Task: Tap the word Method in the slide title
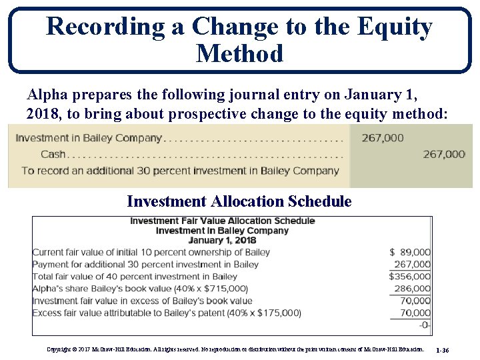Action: pos(240,53)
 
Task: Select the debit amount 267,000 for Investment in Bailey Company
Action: pos(383,138)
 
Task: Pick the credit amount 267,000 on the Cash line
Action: pos(444,154)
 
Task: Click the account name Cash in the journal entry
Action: pos(53,154)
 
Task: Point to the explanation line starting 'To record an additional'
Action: pos(180,170)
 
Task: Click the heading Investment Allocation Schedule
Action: pos(239,201)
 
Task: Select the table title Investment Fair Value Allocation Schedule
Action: pos(222,221)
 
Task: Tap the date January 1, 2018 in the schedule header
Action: pos(222,240)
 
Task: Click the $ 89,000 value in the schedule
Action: pos(410,252)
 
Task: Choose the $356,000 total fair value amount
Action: pos(409,276)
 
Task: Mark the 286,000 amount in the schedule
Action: pos(412,289)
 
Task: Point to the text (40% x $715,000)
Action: pos(205,289)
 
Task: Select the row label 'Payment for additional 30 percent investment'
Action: pos(145,264)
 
